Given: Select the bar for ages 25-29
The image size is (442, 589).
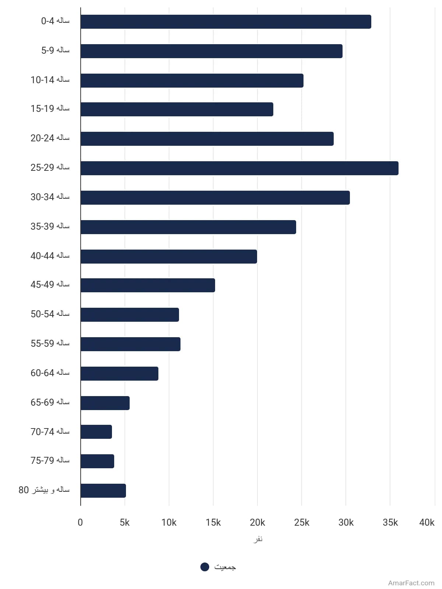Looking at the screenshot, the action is click(239, 168).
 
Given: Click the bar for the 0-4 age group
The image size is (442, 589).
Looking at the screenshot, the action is click(226, 22).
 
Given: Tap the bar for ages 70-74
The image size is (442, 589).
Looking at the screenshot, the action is click(96, 432).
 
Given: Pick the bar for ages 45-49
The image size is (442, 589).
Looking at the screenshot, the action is click(148, 285).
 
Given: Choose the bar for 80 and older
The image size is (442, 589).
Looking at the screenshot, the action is click(103, 490).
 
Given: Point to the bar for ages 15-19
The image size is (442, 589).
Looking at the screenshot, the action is click(177, 109).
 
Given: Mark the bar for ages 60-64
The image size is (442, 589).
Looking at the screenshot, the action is click(119, 374).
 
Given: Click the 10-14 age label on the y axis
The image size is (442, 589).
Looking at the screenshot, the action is click(50, 80).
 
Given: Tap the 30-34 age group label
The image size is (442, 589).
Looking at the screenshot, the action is click(50, 197).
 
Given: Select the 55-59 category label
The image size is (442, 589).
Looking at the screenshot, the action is click(50, 343).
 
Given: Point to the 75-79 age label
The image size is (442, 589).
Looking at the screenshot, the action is click(50, 461).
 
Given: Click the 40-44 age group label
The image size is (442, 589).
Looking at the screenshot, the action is click(50, 256).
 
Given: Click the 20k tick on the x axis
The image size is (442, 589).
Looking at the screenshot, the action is click(257, 522).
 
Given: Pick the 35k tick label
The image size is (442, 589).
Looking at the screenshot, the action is click(390, 522).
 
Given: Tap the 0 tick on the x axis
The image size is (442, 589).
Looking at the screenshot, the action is click(80, 522).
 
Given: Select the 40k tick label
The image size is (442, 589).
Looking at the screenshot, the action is click(427, 522).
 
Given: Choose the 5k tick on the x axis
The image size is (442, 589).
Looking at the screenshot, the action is click(124, 522).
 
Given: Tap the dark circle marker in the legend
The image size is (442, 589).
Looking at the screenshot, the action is click(205, 567).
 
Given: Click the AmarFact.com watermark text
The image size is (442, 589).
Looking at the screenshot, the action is click(411, 583).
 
